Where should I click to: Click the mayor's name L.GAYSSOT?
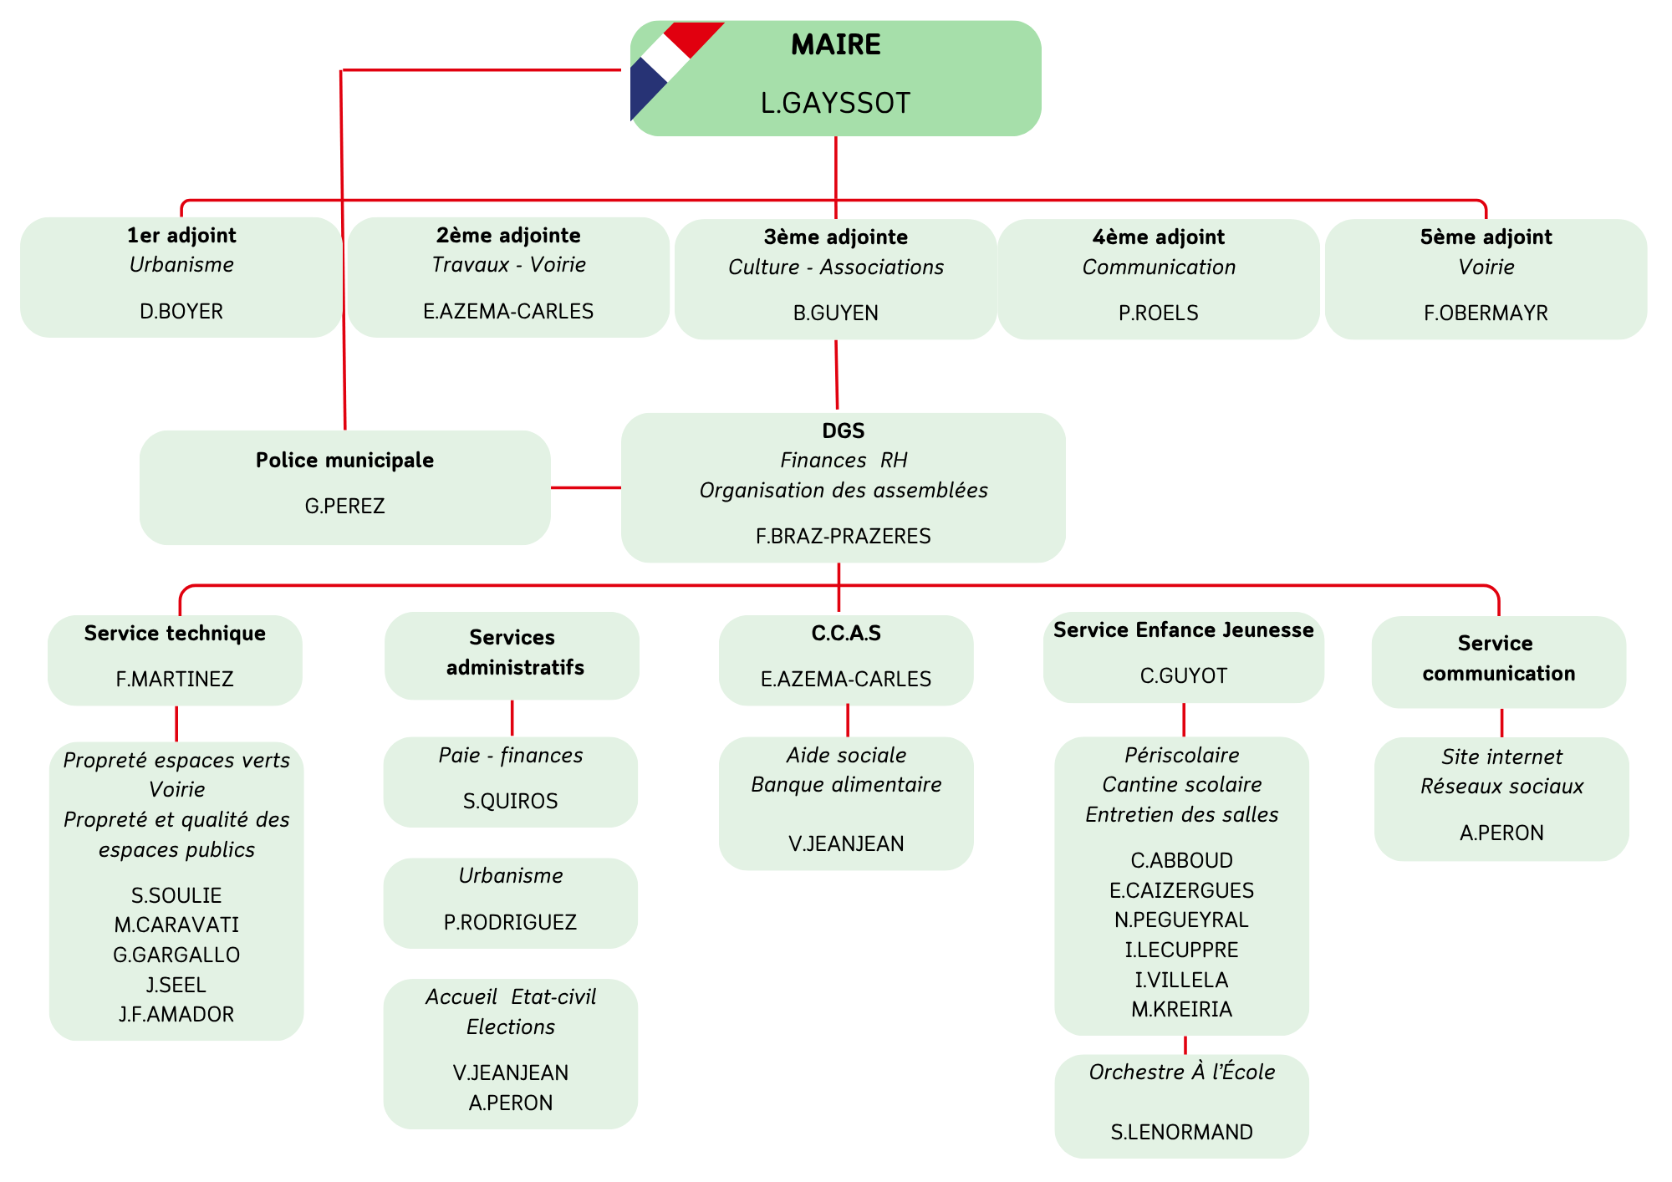(835, 103)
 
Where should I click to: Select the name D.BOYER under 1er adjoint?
(181, 312)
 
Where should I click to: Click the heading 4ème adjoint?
(1158, 237)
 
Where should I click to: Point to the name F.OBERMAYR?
(1486, 313)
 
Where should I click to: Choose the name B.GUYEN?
(835, 313)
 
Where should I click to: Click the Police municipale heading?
(344, 461)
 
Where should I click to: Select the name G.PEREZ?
(344, 507)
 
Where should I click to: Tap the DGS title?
(843, 431)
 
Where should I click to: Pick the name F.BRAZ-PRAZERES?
(843, 537)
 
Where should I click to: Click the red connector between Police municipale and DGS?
(585, 487)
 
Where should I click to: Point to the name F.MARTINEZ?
(175, 680)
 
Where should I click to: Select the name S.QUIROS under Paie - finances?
(510, 802)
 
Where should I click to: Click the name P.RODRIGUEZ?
(510, 923)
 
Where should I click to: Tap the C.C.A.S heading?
(846, 634)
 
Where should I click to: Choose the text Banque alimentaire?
(846, 785)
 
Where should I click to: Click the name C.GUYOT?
(1183, 676)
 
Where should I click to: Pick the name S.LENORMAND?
(1181, 1133)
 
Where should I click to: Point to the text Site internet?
(1501, 757)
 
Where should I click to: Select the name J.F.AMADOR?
(176, 1015)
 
